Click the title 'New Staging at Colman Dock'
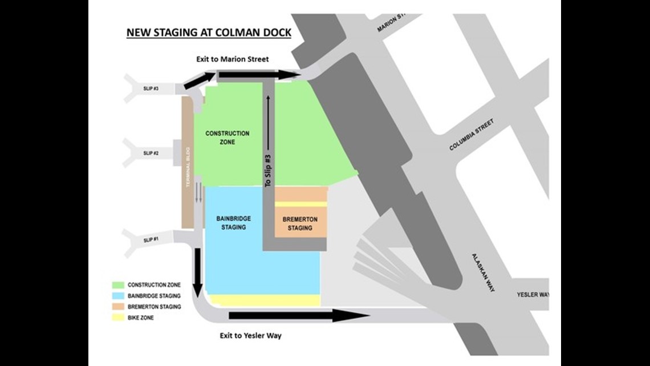tap(208, 32)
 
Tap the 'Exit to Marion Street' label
tap(237, 59)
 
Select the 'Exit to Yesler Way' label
tap(251, 336)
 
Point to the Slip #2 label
tap(151, 153)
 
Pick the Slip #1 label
tap(150, 240)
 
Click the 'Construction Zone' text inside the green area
tap(227, 138)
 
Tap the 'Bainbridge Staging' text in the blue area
tap(234, 223)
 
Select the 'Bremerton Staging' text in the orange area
tap(300, 224)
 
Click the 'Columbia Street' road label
tap(471, 135)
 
